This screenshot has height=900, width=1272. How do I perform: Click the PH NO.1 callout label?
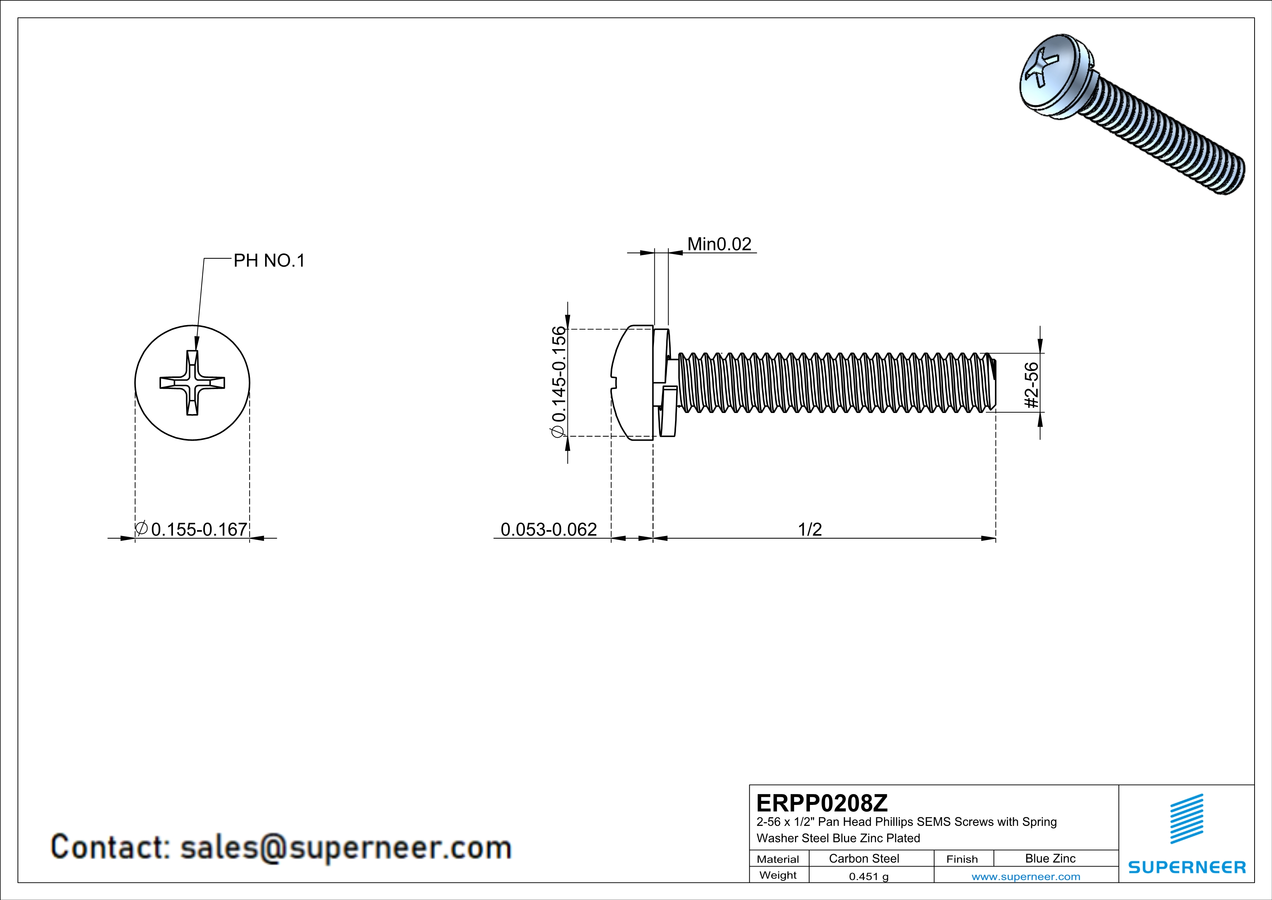pyautogui.click(x=269, y=261)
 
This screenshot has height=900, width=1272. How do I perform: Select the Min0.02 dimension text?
pyautogui.click(x=719, y=244)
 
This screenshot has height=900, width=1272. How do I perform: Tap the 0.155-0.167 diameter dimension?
pyautogui.click(x=198, y=529)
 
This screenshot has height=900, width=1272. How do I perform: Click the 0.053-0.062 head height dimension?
pyautogui.click(x=548, y=529)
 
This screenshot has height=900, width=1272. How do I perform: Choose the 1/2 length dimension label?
pyautogui.click(x=810, y=529)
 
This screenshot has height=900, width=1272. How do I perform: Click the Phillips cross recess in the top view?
pyautogui.click(x=192, y=383)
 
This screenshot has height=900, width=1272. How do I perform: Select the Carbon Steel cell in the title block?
pyautogui.click(x=864, y=858)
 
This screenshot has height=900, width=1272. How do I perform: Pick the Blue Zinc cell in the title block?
pyautogui.click(x=1050, y=858)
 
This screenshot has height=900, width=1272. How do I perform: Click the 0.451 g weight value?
pyautogui.click(x=868, y=876)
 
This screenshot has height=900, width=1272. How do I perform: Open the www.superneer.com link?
pyautogui.click(x=1025, y=876)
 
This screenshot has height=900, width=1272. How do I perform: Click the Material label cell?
pyautogui.click(x=778, y=859)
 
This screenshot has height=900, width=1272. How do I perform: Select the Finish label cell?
pyautogui.click(x=962, y=859)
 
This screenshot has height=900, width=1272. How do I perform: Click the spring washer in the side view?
pyautogui.click(x=664, y=382)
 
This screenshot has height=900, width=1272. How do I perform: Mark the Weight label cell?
pyautogui.click(x=778, y=875)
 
